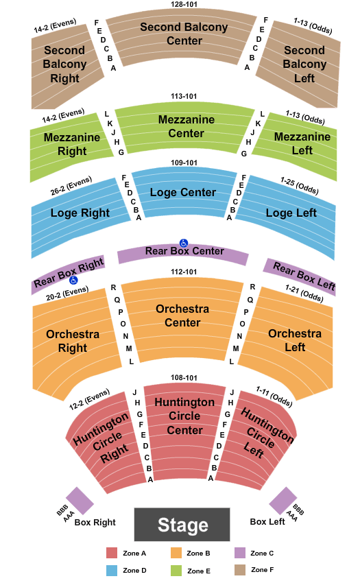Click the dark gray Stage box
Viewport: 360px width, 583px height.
coord(182,524)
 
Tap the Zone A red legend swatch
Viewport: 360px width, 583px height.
coord(112,553)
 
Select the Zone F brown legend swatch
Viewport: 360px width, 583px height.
coord(240,570)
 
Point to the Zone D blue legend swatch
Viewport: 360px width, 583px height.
coord(112,571)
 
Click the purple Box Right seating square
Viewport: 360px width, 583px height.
coord(80,501)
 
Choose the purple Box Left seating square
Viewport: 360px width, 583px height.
coord(283,501)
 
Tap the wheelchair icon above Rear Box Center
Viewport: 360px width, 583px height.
coord(184,243)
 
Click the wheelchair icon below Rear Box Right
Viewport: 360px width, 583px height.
coord(73,281)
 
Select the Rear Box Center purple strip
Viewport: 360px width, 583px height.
coord(183,254)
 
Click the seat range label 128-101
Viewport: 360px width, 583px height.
coord(184,5)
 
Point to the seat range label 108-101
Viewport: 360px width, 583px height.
coord(184,378)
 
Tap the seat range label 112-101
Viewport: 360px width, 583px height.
coord(184,272)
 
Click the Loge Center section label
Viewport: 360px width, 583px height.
coord(183,192)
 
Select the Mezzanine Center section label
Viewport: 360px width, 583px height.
coord(187,126)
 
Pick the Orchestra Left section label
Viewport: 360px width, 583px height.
coord(295,340)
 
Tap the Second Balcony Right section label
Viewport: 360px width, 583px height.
coord(64,64)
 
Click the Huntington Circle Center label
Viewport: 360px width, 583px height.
coord(184,416)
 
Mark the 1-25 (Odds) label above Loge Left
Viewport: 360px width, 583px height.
coord(300,186)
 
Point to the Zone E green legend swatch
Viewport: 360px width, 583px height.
coord(176,571)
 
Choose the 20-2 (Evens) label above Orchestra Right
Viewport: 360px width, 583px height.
coord(67,293)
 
